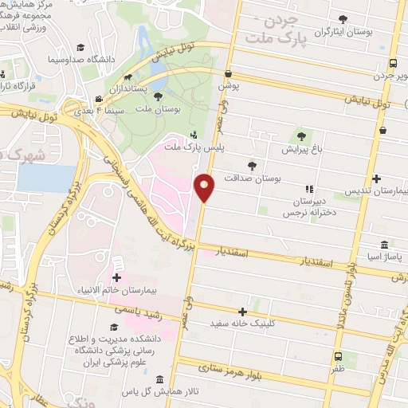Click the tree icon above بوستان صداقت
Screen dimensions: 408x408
pos(252,165)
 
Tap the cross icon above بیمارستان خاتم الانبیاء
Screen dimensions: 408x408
pos(117,277)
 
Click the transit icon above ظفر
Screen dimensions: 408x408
pos(338,356)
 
